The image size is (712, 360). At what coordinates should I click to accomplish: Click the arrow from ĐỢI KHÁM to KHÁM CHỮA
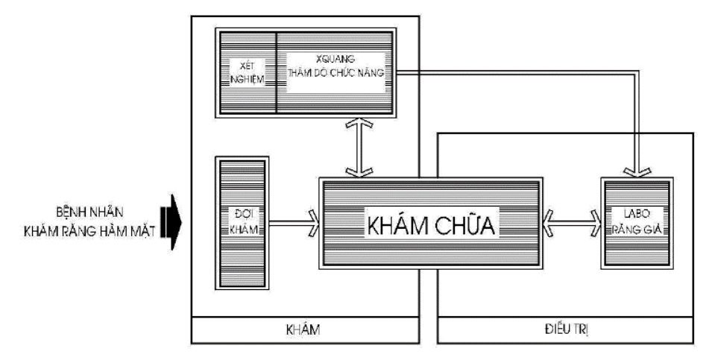[292, 222]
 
